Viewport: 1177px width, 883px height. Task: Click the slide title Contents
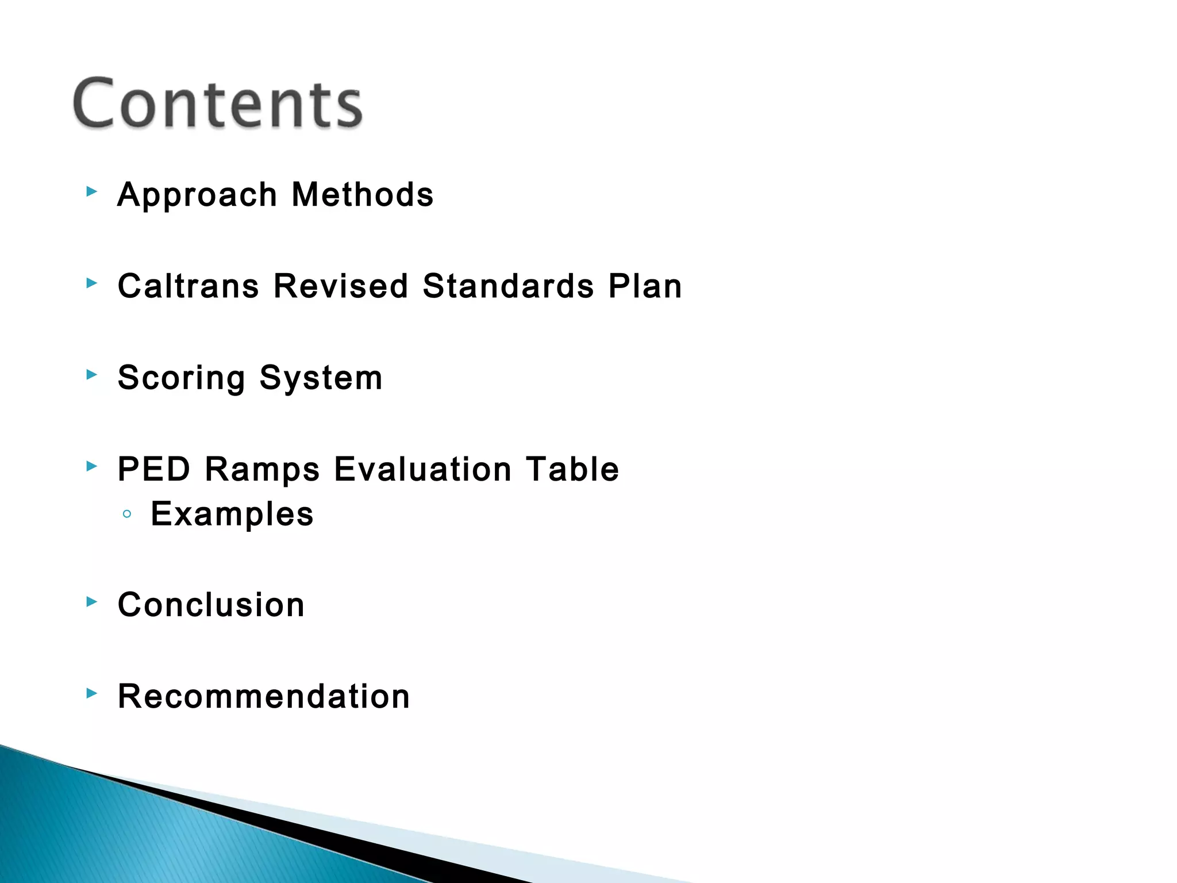[x=217, y=103]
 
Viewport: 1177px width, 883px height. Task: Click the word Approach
[x=197, y=195]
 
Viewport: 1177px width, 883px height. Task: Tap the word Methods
[x=363, y=194]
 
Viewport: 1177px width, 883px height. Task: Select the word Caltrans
[x=189, y=286]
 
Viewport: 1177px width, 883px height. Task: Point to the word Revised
[x=341, y=286]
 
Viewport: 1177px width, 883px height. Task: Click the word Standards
[x=508, y=286]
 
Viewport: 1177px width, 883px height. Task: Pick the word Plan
[x=645, y=286]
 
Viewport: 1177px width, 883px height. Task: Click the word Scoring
[x=182, y=378]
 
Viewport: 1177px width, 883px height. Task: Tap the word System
[x=321, y=378]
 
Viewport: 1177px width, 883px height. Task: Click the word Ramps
[x=262, y=470]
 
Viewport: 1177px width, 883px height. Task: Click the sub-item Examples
[x=232, y=514]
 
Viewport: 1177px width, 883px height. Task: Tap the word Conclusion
[x=211, y=605]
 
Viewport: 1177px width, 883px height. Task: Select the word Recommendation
[x=264, y=696]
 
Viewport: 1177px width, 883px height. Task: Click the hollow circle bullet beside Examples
[x=127, y=514]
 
